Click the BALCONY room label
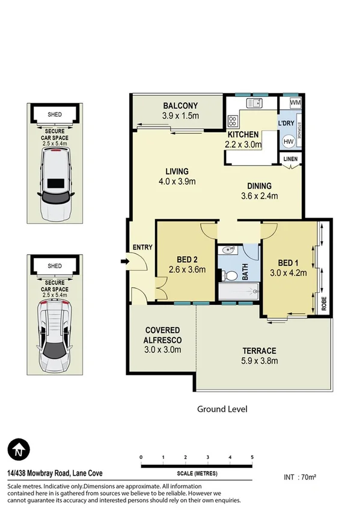pos(180,106)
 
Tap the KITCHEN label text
pos(243,135)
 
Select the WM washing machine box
pos(294,103)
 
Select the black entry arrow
pos(124,261)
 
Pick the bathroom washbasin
pos(228,250)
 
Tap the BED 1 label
pos(289,262)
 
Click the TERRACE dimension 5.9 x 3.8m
pos(260,361)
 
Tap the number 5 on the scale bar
pos(252,457)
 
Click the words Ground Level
pos(222,409)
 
